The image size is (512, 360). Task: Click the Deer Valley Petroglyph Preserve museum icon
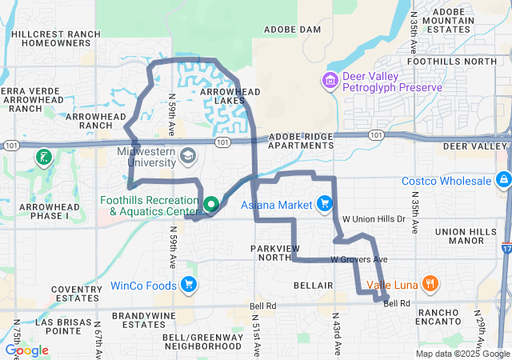(x=329, y=81)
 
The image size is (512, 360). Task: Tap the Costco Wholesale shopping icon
(x=502, y=180)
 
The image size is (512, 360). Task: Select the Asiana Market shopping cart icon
(x=324, y=205)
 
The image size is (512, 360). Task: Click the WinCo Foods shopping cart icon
(x=189, y=285)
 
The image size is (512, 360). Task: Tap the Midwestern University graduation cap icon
(x=188, y=154)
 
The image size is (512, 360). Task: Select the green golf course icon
(x=45, y=157)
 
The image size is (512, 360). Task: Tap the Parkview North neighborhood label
(x=278, y=252)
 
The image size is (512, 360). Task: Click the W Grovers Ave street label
(x=359, y=260)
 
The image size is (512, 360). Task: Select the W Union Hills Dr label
(x=374, y=218)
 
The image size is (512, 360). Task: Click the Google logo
(x=26, y=350)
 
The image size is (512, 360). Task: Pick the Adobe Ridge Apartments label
(x=300, y=141)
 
